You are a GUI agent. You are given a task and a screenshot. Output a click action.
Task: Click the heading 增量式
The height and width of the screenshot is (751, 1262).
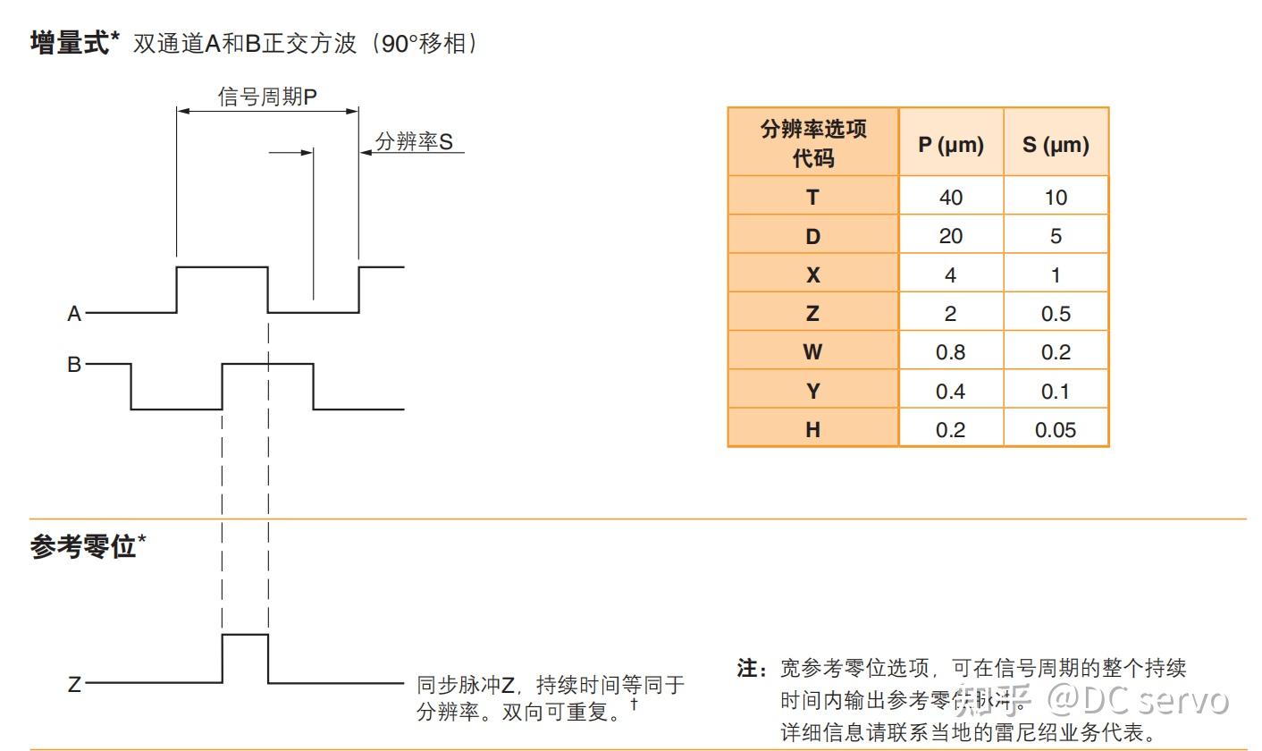70,43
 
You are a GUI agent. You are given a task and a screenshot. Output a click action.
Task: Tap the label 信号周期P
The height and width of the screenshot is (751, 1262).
267,97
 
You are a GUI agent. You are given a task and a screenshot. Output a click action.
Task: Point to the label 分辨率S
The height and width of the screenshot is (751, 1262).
414,141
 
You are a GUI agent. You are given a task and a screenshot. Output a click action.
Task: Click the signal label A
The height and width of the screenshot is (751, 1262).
74,314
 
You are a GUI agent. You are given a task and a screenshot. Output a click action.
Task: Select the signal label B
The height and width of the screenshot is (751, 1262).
74,365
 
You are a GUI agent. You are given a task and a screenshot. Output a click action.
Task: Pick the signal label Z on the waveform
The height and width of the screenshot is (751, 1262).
74,685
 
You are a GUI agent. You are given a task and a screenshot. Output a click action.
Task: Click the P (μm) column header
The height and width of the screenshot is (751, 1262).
951,144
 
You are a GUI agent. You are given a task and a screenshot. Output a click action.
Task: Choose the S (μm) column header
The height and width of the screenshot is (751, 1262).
1056,144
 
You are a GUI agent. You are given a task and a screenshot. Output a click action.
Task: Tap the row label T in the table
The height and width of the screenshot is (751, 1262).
812,198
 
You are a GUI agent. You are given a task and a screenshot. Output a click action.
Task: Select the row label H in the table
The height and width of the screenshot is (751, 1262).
812,430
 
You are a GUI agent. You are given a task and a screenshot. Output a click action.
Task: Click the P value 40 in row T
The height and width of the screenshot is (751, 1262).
951,198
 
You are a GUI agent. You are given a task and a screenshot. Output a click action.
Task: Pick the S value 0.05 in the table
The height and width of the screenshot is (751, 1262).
1056,430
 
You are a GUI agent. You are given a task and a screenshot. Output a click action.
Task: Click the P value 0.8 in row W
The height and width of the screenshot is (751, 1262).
951,352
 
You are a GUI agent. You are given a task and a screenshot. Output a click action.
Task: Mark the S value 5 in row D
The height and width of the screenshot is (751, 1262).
1056,236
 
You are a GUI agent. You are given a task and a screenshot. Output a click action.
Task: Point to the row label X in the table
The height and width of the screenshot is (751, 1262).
812,275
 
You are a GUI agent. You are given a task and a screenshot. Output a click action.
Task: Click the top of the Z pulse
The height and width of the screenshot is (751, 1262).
245,635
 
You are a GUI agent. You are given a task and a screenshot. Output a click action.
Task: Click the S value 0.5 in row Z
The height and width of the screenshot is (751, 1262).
1056,314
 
